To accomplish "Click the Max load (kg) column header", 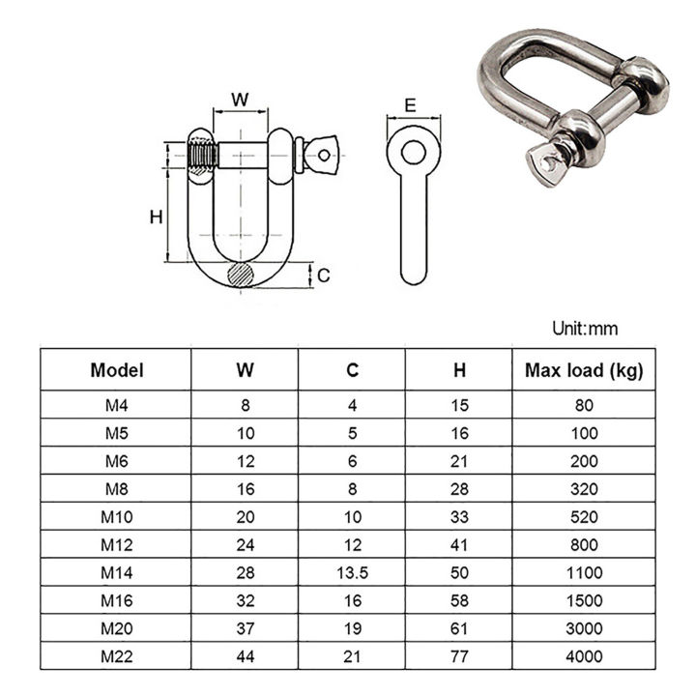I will click(x=583, y=369).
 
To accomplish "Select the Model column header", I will click(x=117, y=369).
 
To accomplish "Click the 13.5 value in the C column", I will click(x=352, y=572).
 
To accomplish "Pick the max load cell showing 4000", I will click(x=583, y=656).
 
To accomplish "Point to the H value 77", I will click(x=459, y=656).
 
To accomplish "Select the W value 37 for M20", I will click(x=245, y=628).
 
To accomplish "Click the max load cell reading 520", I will click(x=583, y=516).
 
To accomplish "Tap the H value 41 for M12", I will click(x=459, y=544).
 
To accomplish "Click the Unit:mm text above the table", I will click(x=584, y=329).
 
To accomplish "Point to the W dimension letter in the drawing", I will click(x=241, y=100).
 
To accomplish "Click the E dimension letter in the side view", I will click(x=411, y=105).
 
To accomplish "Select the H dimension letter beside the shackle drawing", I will click(x=155, y=217).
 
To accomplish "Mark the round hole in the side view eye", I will click(x=414, y=152).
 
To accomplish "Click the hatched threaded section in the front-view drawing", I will click(x=202, y=156).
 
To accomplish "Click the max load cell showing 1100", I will click(x=583, y=572).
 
